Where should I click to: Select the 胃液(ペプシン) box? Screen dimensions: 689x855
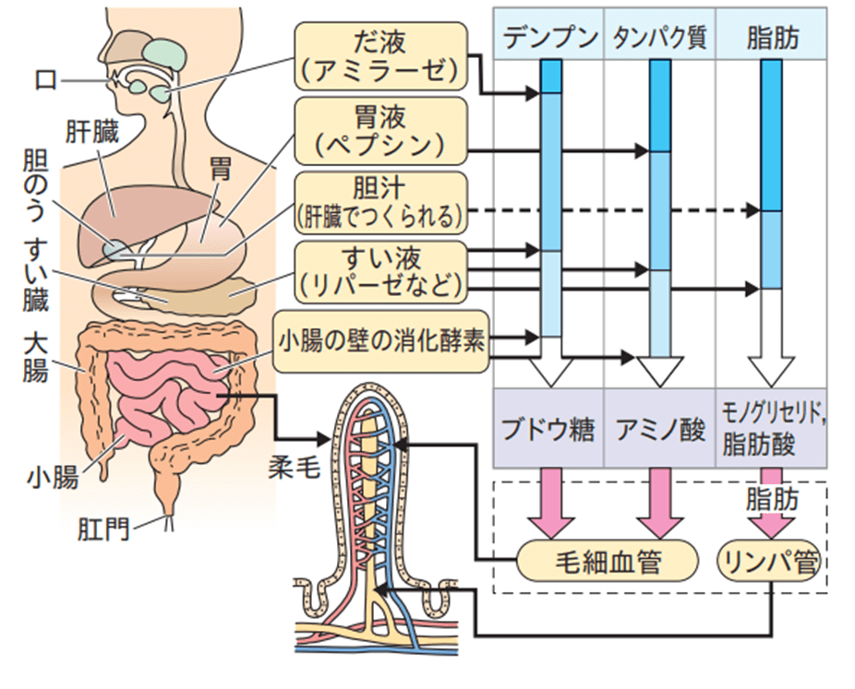click(379, 130)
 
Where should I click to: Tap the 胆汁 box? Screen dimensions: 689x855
click(379, 203)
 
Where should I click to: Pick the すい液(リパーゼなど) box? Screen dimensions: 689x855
click(379, 270)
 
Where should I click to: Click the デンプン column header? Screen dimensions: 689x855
click(548, 38)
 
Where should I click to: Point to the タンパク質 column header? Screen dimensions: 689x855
click(658, 38)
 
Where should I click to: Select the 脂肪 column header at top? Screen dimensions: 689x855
click(772, 38)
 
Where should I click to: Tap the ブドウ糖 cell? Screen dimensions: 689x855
click(548, 431)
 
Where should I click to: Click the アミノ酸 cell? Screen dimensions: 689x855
click(659, 431)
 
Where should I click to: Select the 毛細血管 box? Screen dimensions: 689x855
click(605, 561)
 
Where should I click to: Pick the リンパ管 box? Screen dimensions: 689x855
click(771, 561)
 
